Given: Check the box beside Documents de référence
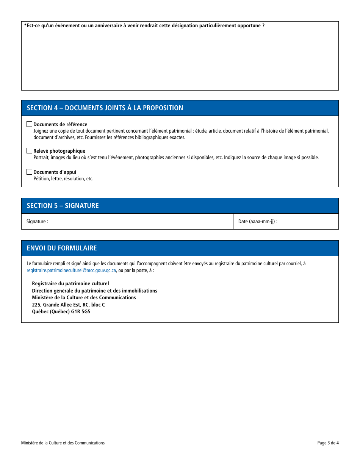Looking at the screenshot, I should point(30,124).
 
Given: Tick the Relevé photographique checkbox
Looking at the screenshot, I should point(30,151).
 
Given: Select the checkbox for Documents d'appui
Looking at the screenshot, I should point(30,172).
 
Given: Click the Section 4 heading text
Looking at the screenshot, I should point(105,108).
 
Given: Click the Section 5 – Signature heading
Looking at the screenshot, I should point(63,206).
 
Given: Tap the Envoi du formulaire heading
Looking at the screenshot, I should point(62,248).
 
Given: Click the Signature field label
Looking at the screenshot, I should point(37,222).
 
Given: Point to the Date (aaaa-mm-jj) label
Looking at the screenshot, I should point(258,222).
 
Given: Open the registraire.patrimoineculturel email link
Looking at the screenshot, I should point(71,271).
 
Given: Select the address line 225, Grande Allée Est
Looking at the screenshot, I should point(68,305).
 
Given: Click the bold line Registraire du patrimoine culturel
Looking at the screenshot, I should point(70,283).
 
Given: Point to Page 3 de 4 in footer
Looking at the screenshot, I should point(328,443).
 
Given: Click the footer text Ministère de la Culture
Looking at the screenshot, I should point(63,443).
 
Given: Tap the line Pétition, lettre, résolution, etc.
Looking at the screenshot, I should point(63,179).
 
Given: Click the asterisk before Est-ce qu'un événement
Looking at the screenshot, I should point(25,25).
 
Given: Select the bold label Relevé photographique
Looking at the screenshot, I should point(59,151).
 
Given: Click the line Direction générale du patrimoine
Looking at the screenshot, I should point(94,291).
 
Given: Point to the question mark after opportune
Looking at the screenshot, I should point(263,26).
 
